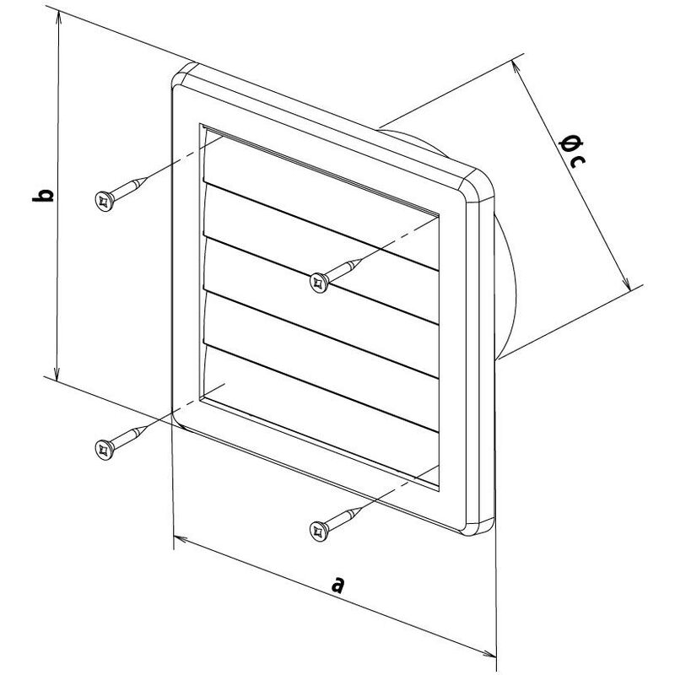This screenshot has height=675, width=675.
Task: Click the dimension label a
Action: (x=338, y=584)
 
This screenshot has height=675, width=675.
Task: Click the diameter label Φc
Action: (x=572, y=151)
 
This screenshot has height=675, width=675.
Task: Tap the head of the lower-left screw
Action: (x=104, y=450)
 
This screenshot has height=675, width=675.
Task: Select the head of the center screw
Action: (x=319, y=283)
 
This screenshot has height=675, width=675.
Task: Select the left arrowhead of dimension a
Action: (x=177, y=537)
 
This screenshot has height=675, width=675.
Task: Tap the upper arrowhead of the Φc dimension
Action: (x=515, y=64)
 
